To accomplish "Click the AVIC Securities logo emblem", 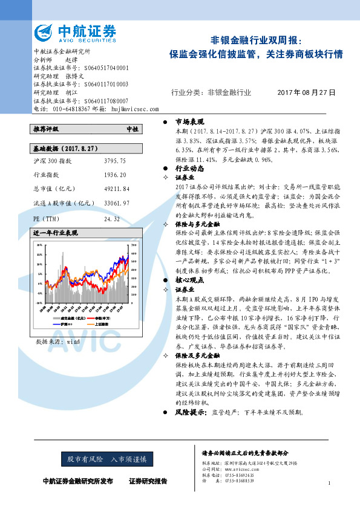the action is tap(44, 32).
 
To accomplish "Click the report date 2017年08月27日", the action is tap(306, 92).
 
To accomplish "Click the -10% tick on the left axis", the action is tap(39, 300).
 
